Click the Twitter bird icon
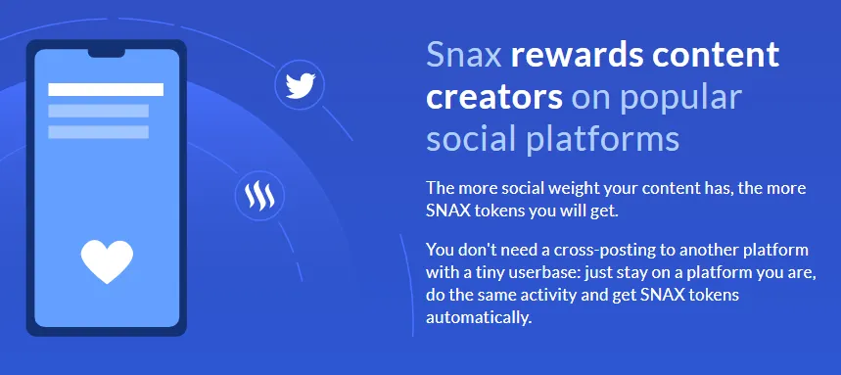(300, 85)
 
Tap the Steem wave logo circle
(259, 196)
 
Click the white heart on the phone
(107, 261)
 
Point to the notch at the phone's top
(107, 53)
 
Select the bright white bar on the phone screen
(106, 90)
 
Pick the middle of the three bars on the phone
(98, 111)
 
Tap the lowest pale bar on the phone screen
(98, 132)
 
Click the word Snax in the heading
(464, 55)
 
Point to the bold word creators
(494, 97)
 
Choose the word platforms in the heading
(602, 139)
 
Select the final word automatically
(479, 317)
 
